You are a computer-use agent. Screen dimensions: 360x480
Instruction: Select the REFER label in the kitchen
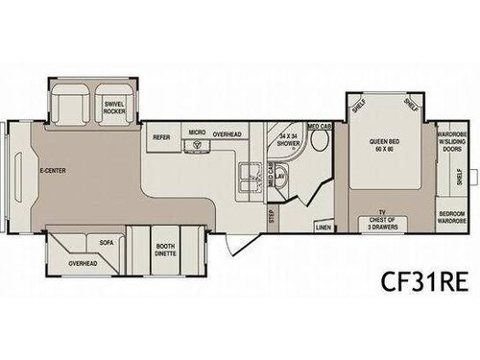click(161, 137)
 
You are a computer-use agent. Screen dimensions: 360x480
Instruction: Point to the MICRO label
click(196, 132)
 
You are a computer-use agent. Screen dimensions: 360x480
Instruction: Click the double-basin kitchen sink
click(251, 174)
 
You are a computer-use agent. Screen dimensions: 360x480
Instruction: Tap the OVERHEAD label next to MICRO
click(228, 134)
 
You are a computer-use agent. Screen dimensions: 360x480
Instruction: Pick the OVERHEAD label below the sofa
click(83, 263)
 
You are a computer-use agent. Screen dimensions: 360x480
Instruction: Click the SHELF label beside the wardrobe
click(460, 177)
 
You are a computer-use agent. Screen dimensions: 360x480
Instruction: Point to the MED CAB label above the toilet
click(320, 126)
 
